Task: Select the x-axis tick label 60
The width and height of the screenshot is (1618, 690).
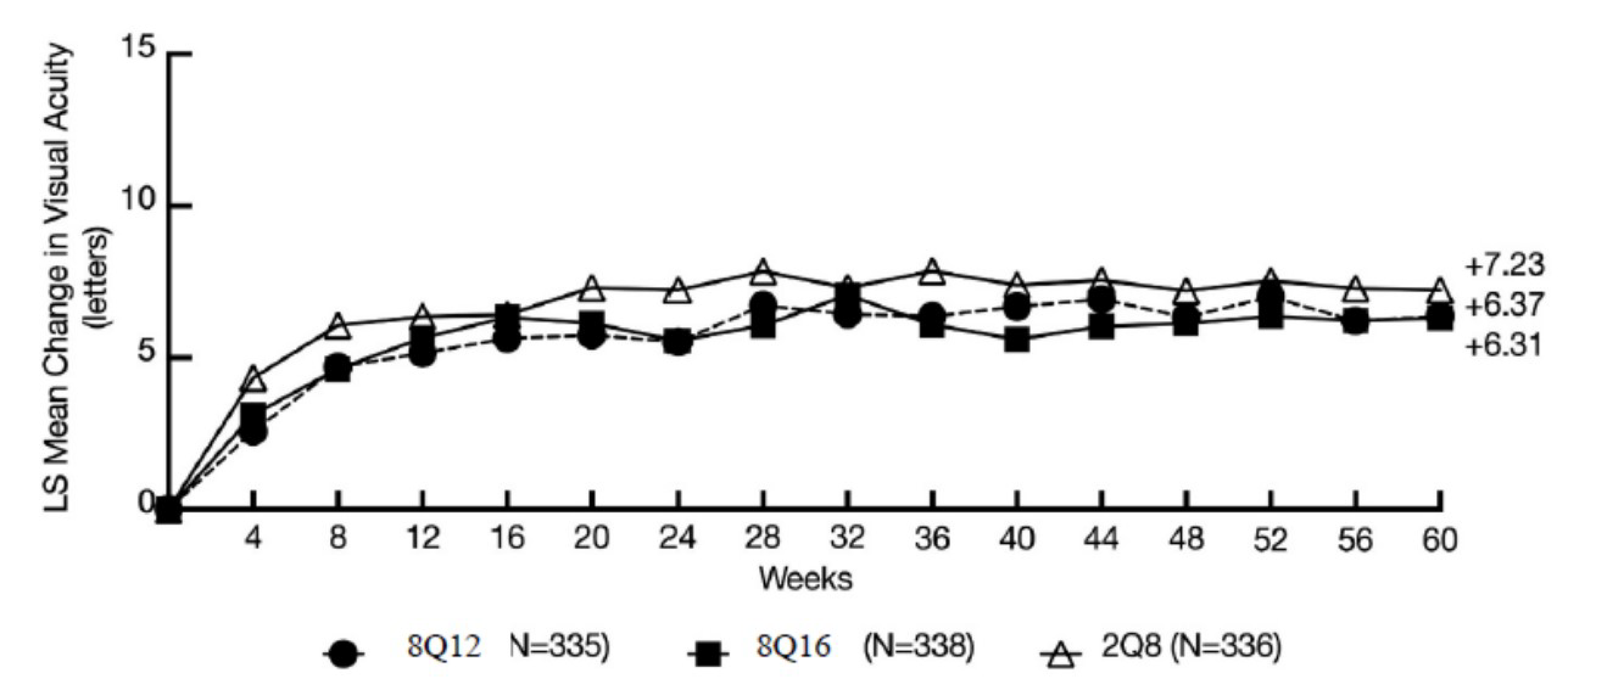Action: tap(1439, 539)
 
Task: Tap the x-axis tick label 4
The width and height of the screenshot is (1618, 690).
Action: tap(253, 539)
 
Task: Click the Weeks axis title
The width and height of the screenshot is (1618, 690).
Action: tap(806, 578)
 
